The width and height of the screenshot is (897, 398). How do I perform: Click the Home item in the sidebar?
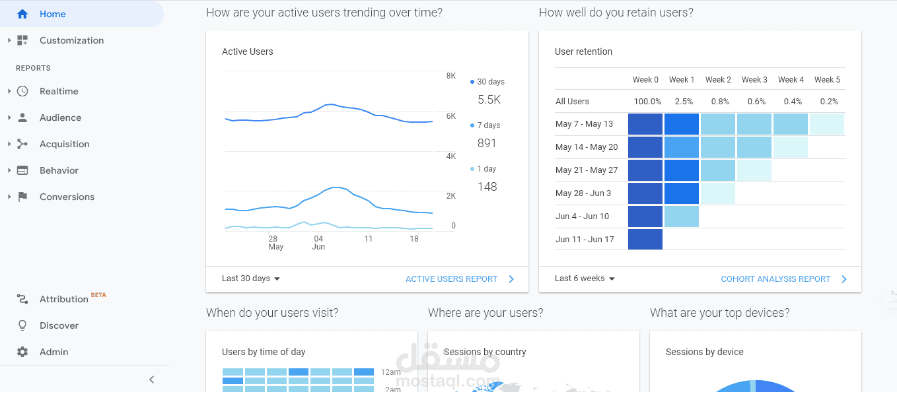click(x=53, y=14)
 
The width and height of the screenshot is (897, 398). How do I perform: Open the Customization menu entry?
click(x=71, y=40)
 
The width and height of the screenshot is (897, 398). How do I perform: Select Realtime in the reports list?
click(x=59, y=91)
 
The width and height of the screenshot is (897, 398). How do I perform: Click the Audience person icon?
click(x=22, y=117)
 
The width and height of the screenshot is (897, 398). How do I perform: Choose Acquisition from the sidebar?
click(x=64, y=144)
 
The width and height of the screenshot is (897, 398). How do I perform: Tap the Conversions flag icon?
click(x=22, y=197)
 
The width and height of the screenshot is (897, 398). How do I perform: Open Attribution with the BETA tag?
click(x=64, y=299)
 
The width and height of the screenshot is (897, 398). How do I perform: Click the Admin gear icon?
click(x=22, y=352)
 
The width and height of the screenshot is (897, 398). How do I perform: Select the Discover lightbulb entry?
click(x=59, y=325)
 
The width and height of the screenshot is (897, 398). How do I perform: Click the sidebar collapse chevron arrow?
click(x=152, y=380)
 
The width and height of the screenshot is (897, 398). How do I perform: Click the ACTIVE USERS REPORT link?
click(x=452, y=279)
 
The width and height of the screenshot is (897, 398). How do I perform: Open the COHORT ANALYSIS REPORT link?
click(x=775, y=279)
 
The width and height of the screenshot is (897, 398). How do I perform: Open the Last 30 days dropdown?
click(x=251, y=279)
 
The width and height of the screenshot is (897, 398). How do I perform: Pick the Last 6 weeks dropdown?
click(x=585, y=279)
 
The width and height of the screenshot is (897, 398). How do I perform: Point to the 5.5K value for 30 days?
click(x=489, y=100)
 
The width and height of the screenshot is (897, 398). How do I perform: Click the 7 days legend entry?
click(x=488, y=125)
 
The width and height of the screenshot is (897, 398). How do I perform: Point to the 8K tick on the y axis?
click(x=451, y=76)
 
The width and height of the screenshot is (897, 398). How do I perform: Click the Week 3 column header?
click(x=754, y=80)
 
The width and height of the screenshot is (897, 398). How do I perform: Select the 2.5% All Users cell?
click(x=684, y=102)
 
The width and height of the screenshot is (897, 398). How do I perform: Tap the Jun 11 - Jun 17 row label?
click(x=585, y=239)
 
